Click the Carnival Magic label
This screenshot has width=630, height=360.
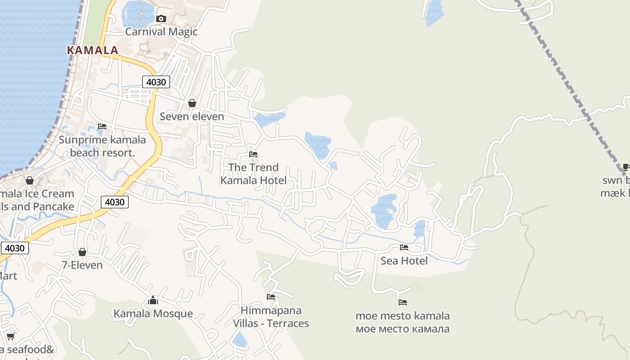(161, 31)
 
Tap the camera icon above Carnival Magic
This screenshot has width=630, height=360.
(161, 18)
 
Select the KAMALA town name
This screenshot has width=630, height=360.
(93, 50)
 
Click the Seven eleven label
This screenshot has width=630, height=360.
(192, 117)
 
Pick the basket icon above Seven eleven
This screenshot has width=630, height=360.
(192, 103)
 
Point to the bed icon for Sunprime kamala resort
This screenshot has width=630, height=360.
(102, 126)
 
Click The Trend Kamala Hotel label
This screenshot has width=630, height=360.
(253, 174)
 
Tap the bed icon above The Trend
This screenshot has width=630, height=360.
(253, 154)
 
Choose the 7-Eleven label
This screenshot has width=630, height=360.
(82, 265)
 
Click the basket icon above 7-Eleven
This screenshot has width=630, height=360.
(82, 252)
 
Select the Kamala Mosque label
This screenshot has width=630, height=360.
(153, 314)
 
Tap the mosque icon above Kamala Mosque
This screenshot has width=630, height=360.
(153, 300)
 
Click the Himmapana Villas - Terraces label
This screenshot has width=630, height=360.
(271, 317)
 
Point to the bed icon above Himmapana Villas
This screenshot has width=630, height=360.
(271, 297)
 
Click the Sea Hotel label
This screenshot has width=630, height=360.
(404, 261)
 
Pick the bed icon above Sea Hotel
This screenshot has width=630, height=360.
(404, 247)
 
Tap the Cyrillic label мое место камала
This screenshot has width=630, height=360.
(402, 329)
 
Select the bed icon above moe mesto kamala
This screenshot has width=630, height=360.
(402, 302)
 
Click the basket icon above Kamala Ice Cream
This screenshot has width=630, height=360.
(30, 180)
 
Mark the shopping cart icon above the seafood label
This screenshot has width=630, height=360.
(10, 336)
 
